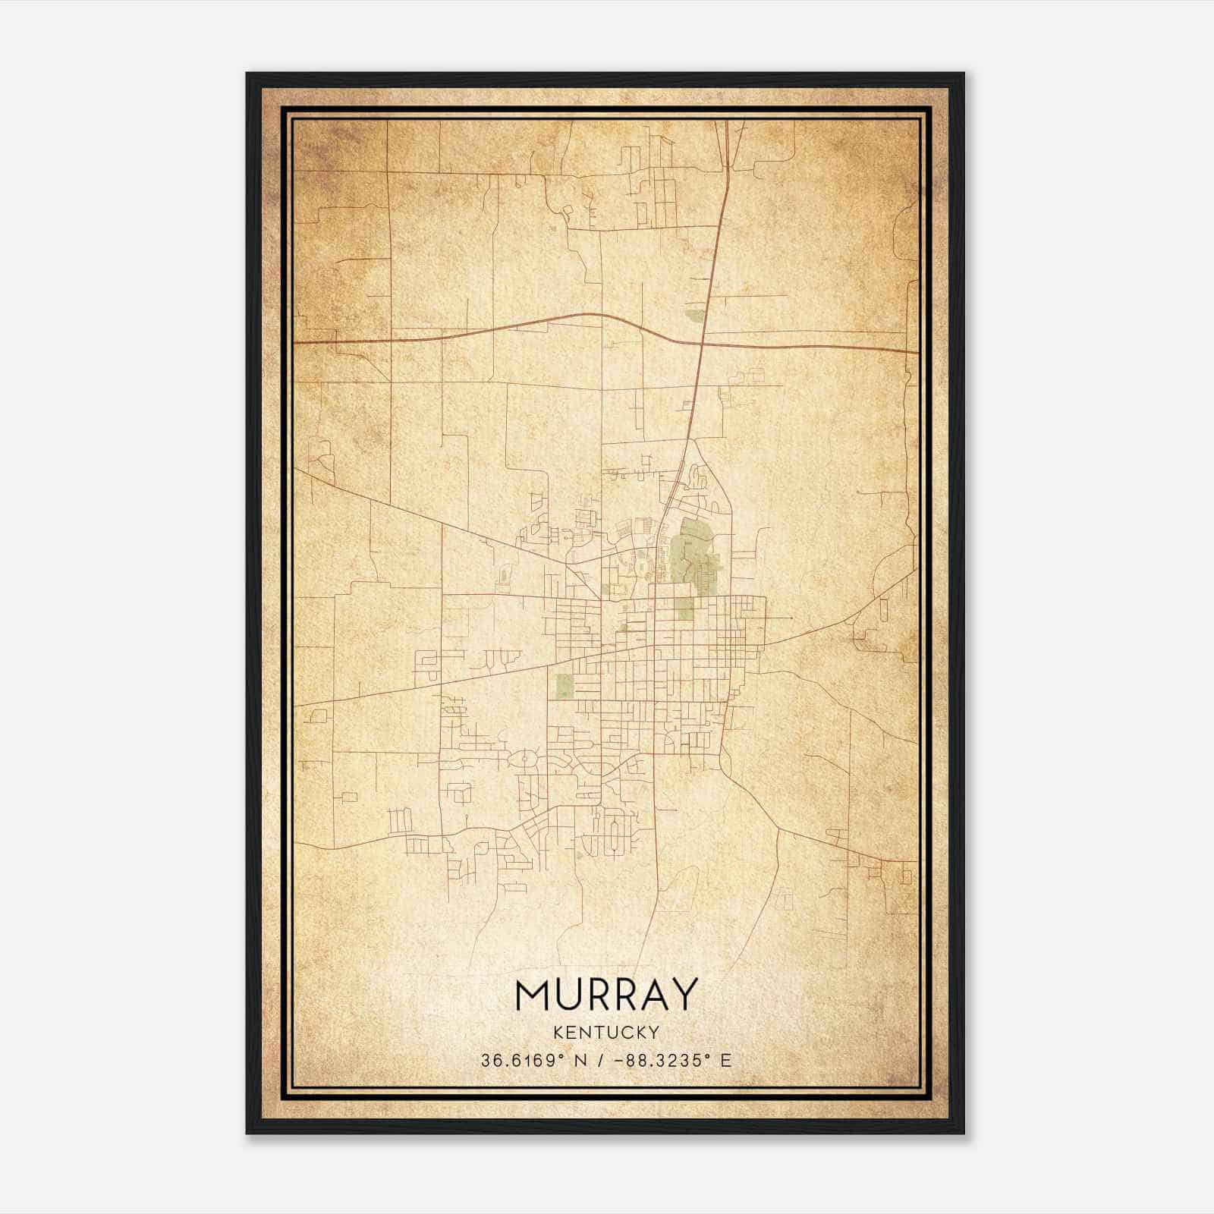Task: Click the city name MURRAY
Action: pyautogui.click(x=606, y=994)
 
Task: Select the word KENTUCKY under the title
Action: pyautogui.click(x=606, y=1032)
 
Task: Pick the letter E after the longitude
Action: pyautogui.click(x=726, y=1061)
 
